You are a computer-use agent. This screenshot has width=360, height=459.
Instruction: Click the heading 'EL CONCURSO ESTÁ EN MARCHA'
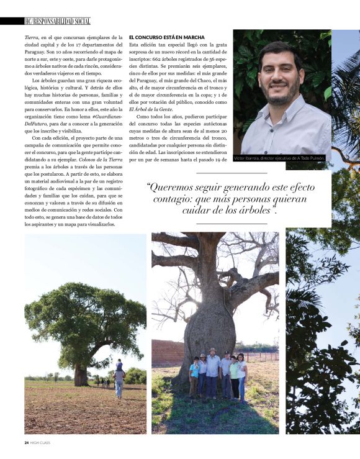pyautogui.click(x=166, y=37)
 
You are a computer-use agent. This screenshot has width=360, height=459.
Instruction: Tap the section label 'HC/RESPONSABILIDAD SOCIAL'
pyautogui.click(x=57, y=21)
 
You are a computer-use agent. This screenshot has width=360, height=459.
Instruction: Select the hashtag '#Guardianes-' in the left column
pyautogui.click(x=107, y=135)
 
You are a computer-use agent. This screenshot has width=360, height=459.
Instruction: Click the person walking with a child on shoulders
pyautogui.click(x=119, y=376)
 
